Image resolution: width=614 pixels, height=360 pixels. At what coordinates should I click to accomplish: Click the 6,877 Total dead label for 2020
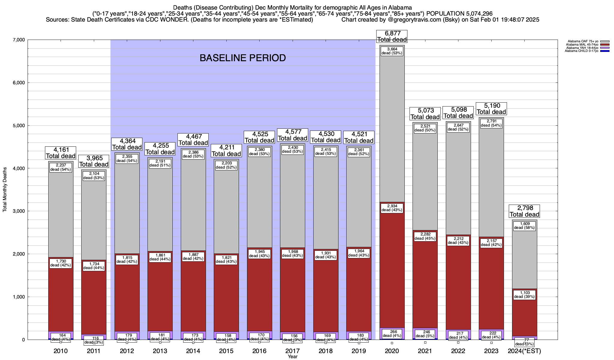click(392, 36)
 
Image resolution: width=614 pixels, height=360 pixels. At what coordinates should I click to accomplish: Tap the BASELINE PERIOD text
click(243, 58)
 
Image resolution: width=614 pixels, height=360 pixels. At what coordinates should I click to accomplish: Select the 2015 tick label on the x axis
click(226, 351)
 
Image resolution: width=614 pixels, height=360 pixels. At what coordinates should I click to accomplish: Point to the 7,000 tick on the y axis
click(19, 40)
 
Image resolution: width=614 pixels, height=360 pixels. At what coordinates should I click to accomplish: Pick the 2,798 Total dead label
click(524, 211)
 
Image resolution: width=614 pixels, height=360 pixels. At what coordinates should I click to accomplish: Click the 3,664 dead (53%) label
click(392, 51)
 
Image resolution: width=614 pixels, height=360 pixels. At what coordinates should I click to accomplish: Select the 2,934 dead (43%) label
click(392, 208)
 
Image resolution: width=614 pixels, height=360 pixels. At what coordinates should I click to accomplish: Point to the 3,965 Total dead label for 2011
click(94, 161)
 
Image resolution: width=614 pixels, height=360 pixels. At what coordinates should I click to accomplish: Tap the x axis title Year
click(292, 357)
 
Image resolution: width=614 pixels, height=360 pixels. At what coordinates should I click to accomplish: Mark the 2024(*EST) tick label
click(524, 351)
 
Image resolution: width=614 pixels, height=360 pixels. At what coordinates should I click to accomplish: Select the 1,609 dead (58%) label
click(524, 226)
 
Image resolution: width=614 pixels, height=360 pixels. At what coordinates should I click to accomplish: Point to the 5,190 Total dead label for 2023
click(491, 109)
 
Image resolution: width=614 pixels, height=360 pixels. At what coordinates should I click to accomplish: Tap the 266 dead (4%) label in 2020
click(392, 334)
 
